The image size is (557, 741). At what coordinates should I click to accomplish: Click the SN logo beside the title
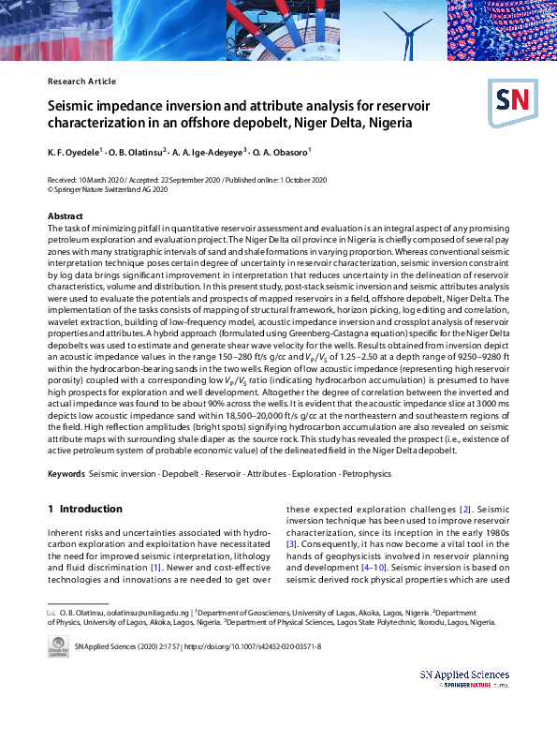click(511, 101)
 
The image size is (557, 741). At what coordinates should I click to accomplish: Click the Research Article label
click(81, 82)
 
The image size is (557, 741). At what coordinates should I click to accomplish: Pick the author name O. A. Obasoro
click(281, 152)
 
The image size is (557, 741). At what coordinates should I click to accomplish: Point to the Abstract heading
click(66, 216)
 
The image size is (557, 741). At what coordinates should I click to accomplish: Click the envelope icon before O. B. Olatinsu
click(51, 611)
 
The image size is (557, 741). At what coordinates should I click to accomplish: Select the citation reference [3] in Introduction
click(291, 543)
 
